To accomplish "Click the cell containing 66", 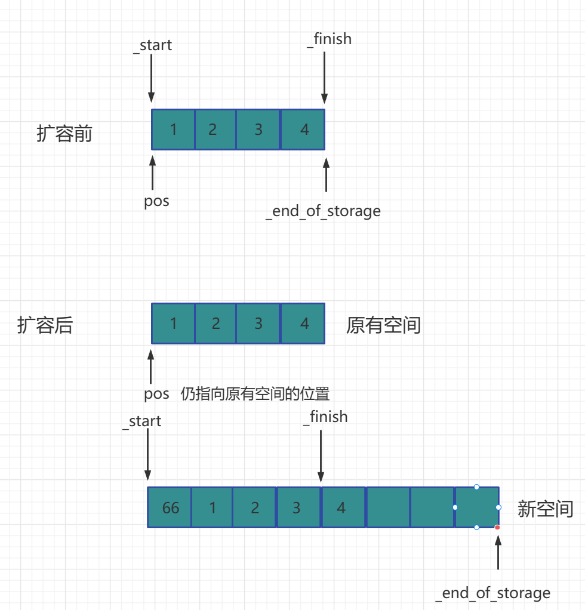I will coord(170,507).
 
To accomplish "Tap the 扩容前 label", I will coord(64,134).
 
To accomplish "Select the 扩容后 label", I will coord(45,325).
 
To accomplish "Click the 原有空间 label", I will coord(383,325).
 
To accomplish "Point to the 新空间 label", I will coord(545,509).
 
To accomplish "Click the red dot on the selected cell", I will coord(497,527).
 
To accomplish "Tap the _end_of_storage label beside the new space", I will coord(492,593).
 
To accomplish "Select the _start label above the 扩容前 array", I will coord(152,45).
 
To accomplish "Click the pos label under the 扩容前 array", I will coord(156,201).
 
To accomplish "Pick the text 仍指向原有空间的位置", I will coord(255,394).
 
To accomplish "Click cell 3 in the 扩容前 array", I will coord(258,130).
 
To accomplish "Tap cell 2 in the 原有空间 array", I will coord(215,324).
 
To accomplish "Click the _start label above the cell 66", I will coord(141,421).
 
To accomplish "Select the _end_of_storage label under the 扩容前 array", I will coord(323,211).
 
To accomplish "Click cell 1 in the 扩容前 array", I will coord(173,130).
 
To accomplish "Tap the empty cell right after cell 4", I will coord(388,507).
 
